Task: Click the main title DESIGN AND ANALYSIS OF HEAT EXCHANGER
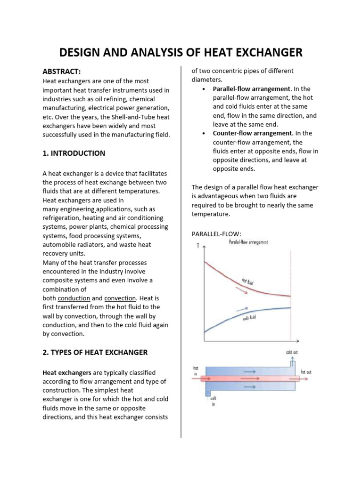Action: pyautogui.click(x=181, y=53)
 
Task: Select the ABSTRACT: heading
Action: pyautogui.click(x=62, y=72)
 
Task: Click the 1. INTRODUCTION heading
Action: pyautogui.click(x=74, y=153)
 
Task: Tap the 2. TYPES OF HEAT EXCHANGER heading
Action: pyautogui.click(x=95, y=352)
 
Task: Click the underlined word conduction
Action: pyautogui.click(x=74, y=298)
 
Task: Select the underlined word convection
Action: pyautogui.click(x=120, y=298)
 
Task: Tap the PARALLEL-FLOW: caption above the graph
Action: pyautogui.click(x=216, y=234)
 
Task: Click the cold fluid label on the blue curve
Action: pyautogui.click(x=252, y=320)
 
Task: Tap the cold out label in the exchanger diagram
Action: pyautogui.click(x=291, y=352)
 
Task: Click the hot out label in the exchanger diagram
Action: pyautogui.click(x=307, y=372)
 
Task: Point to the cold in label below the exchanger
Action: pyautogui.click(x=213, y=401)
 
